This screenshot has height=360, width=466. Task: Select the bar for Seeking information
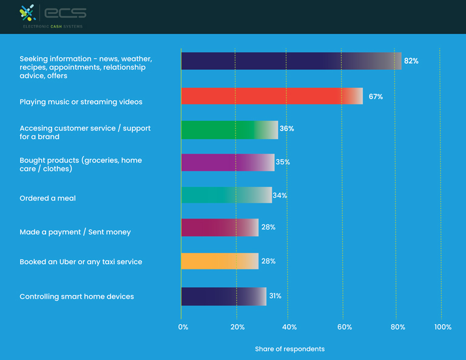[291, 61]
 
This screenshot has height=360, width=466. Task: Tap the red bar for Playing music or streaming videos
[271, 96]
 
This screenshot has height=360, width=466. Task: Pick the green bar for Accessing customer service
[229, 130]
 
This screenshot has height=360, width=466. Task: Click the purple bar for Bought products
[227, 162]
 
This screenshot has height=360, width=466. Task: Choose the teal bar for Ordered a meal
[226, 195]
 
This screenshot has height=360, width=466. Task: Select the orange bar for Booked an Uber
[219, 261]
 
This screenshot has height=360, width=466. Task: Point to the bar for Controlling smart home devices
[223, 296]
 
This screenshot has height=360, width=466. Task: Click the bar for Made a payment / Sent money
[219, 228]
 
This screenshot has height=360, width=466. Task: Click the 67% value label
[376, 97]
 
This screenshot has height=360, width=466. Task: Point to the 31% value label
[275, 296]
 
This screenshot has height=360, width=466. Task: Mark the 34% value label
[280, 195]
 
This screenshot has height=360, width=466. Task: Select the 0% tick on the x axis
[183, 327]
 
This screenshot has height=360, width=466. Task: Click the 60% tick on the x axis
[344, 327]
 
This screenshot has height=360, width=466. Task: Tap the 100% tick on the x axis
[443, 327]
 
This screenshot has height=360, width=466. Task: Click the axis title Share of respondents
[289, 349]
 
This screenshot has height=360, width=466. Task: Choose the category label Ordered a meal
[47, 199]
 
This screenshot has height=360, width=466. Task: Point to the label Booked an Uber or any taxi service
[81, 262]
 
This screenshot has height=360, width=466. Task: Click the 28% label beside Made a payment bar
[268, 227]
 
